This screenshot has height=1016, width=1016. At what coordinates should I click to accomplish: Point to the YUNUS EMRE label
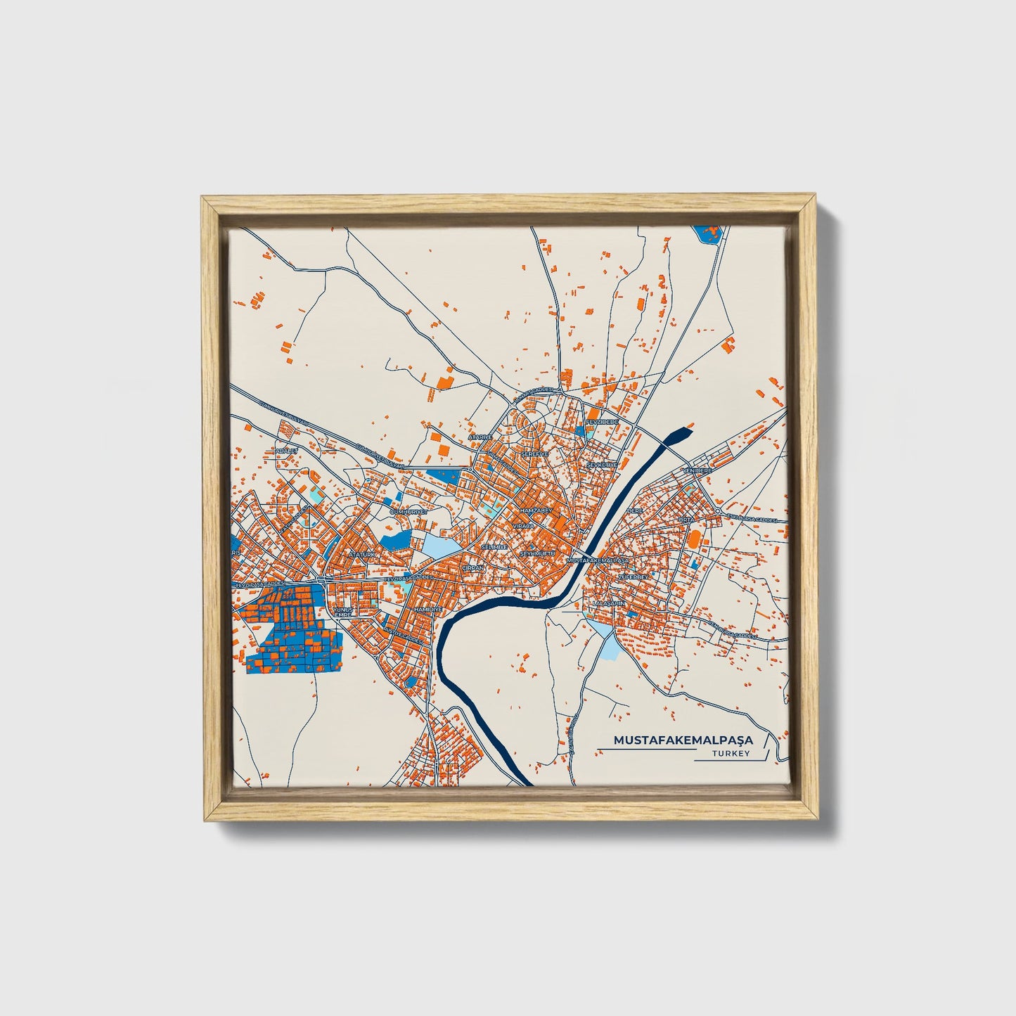click(342, 611)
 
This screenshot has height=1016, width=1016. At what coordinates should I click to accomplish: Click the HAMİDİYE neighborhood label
click(427, 608)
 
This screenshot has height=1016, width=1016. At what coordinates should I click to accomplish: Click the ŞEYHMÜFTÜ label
click(538, 554)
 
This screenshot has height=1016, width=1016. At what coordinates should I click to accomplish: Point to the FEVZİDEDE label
click(603, 422)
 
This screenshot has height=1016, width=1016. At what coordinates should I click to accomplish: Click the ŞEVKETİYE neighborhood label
click(602, 465)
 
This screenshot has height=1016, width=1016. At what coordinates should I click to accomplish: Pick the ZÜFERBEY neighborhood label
click(631, 577)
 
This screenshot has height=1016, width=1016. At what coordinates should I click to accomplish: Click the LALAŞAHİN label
click(609, 603)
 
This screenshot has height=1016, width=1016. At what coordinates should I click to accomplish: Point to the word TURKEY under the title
click(731, 754)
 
